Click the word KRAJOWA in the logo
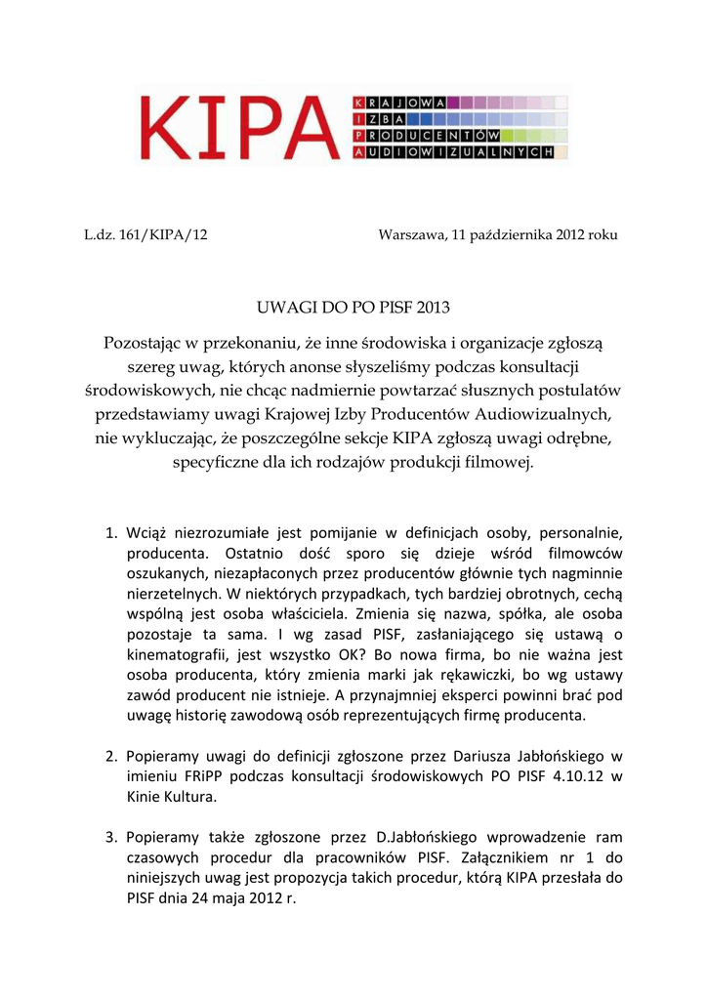pyautogui.click(x=399, y=102)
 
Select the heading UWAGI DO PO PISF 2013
pyautogui.click(x=353, y=309)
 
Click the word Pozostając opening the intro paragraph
pyautogui.click(x=149, y=344)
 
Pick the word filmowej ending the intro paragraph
pyautogui.click(x=501, y=461)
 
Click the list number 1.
pyautogui.click(x=110, y=533)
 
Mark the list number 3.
pyautogui.click(x=110, y=837)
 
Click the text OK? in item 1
pyautogui.click(x=362, y=656)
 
